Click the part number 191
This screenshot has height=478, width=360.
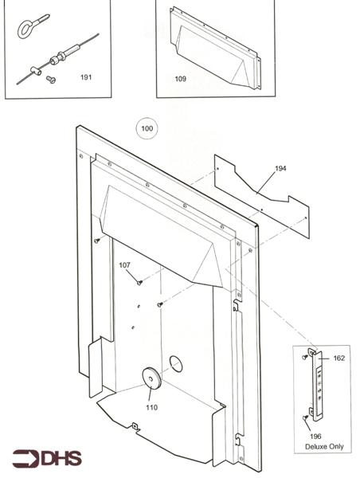pos(86,78)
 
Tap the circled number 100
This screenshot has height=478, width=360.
pos(147,128)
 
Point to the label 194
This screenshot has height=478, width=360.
pos(280,169)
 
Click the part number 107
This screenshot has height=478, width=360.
pos(125,265)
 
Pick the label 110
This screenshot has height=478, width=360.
pos(151,407)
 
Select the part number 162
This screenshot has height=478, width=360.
pos(338,358)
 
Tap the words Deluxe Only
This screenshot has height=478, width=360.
pos(326,446)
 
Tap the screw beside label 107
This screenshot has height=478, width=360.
pos(139,281)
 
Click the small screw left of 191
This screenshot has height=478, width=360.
pos(50,79)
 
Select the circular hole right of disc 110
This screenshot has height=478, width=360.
pos(176,364)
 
